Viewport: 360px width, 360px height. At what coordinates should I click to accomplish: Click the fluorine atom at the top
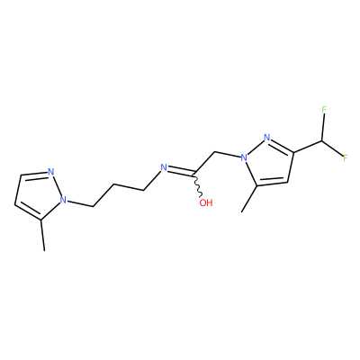(x=324, y=110)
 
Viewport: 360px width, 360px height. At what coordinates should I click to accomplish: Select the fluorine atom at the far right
(x=345, y=157)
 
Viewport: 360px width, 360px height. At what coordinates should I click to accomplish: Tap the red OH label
(x=206, y=202)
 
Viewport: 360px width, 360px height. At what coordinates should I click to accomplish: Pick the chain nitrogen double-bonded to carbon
(x=164, y=167)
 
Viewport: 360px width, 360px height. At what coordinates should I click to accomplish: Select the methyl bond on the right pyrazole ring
(x=249, y=199)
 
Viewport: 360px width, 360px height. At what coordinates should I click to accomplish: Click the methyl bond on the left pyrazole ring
(x=42, y=235)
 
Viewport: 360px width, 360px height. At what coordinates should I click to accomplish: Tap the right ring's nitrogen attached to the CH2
(x=244, y=157)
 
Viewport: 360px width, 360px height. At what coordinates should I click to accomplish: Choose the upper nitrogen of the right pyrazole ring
(x=266, y=138)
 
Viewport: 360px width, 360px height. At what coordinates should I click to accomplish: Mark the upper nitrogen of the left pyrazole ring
(x=50, y=172)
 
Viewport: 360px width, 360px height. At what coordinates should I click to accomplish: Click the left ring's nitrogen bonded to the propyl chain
(x=63, y=199)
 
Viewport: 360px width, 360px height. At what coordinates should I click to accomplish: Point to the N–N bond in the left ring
(x=57, y=185)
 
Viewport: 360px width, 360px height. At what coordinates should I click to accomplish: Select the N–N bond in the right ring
(x=256, y=147)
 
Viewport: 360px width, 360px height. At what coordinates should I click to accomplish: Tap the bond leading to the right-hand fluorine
(x=333, y=148)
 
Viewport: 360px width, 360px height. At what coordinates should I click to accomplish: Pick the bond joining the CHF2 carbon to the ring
(x=308, y=147)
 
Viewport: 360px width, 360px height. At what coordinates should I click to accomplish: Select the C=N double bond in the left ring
(x=33, y=175)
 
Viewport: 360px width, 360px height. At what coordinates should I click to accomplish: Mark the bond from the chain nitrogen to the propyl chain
(x=153, y=180)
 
